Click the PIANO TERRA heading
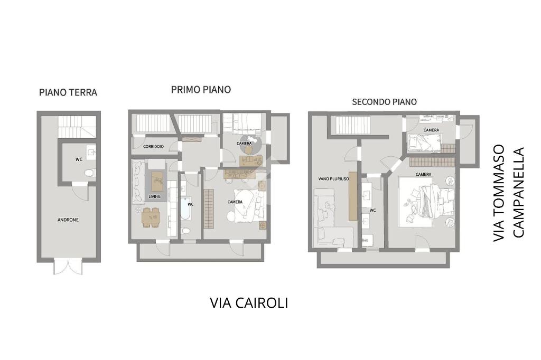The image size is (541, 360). (x=68, y=92)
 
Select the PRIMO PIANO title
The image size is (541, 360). (x=201, y=90)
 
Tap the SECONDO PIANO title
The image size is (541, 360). (x=385, y=102)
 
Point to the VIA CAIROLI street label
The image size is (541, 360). (x=249, y=303)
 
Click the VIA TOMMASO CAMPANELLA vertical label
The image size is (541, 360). (x=509, y=193)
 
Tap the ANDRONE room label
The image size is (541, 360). (x=68, y=220)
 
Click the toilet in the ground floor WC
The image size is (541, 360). (x=91, y=173)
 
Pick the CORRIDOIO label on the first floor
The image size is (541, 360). (x=153, y=147)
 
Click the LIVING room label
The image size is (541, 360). (x=154, y=196)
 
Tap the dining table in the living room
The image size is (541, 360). (x=151, y=217)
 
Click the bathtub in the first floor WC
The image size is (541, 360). (x=185, y=209)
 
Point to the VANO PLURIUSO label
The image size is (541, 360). (x=333, y=179)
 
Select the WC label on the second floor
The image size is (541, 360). (x=372, y=210)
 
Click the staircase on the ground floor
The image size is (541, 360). (x=77, y=127)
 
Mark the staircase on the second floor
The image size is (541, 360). (x=352, y=125)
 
